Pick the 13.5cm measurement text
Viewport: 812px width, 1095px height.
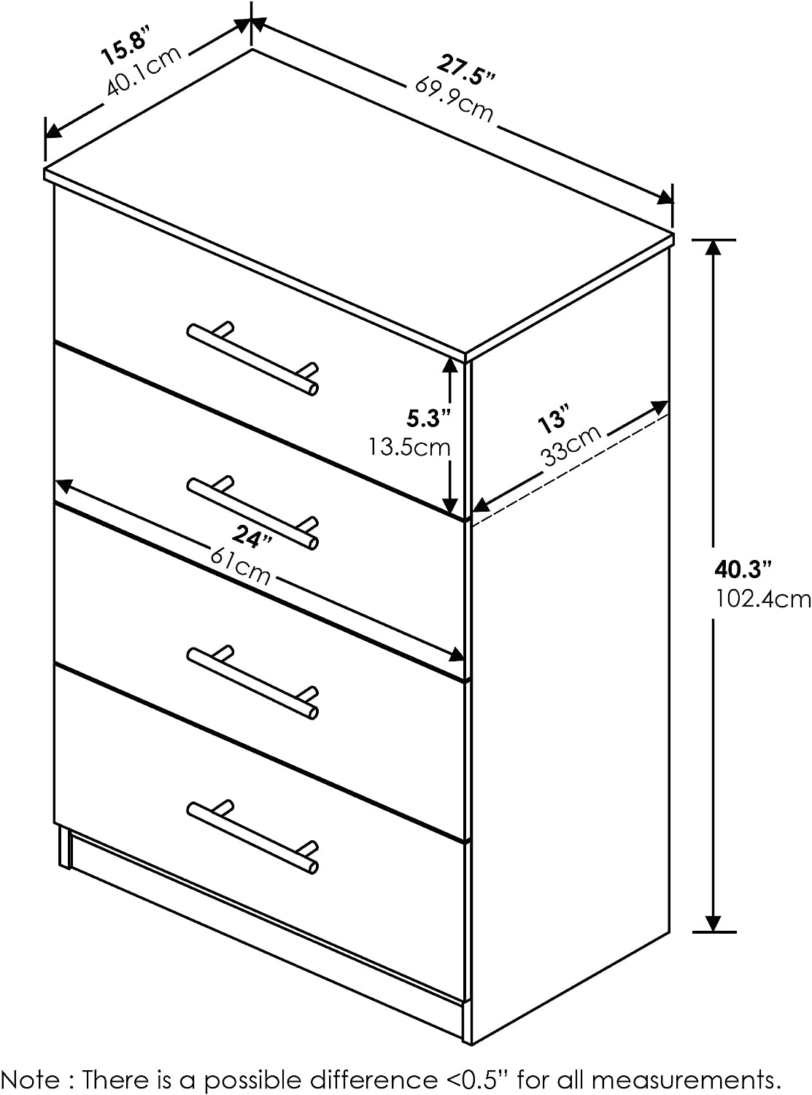(409, 447)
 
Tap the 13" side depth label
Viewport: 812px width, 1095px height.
(552, 421)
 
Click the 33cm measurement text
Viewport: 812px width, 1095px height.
(571, 445)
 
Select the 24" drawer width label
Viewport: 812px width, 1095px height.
(252, 537)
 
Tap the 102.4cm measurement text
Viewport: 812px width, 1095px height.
(762, 599)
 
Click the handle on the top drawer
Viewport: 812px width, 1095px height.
(252, 358)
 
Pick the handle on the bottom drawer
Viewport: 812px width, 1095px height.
(252, 837)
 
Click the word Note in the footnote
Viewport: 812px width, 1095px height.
(34, 1079)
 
